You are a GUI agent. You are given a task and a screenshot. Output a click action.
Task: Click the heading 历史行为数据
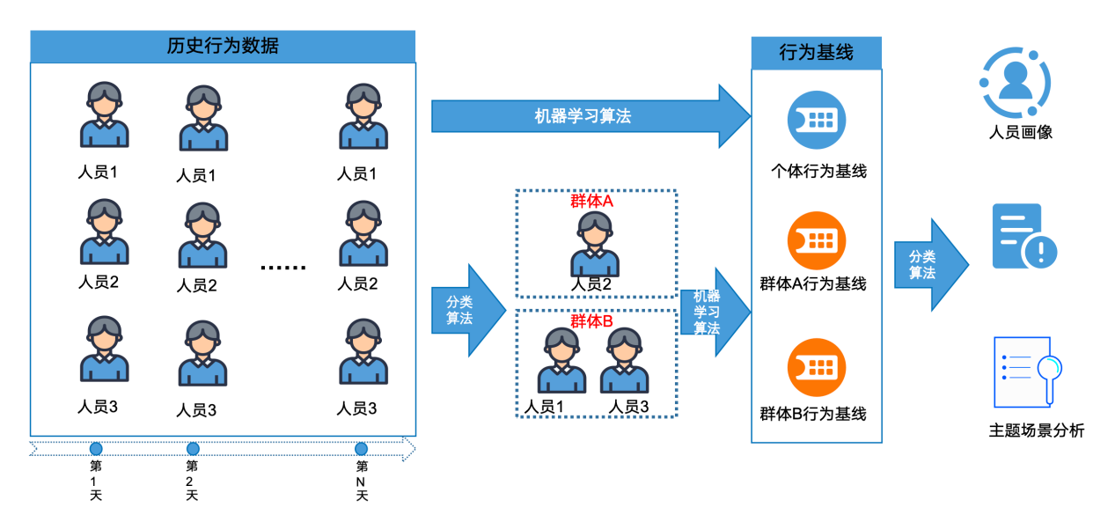(223, 47)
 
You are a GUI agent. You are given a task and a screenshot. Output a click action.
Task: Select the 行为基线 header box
(816, 53)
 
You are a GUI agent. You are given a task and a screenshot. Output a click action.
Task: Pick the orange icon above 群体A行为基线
(816, 240)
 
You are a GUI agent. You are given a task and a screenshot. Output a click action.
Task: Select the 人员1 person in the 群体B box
(562, 360)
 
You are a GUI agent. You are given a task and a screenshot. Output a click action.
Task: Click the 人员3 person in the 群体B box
(625, 360)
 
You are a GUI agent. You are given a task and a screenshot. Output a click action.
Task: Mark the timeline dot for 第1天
(96, 449)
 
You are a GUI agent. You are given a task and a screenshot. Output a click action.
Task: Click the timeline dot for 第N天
(361, 449)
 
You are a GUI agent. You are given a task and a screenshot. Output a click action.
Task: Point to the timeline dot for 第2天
(193, 449)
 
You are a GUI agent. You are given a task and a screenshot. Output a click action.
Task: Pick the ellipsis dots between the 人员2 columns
(283, 267)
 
